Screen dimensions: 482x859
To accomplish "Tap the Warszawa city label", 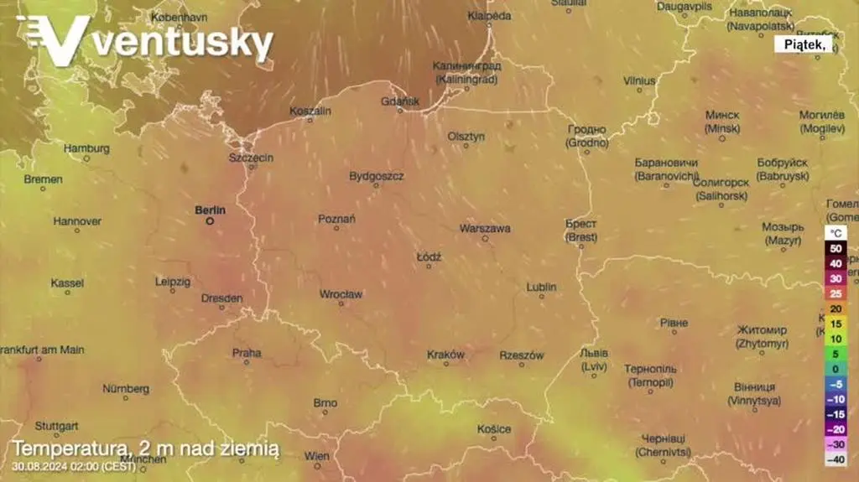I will click(x=485, y=228).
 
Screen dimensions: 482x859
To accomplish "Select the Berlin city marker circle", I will click(x=210, y=221).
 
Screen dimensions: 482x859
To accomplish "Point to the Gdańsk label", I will click(x=400, y=101).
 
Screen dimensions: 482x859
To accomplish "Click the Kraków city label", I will click(x=445, y=355).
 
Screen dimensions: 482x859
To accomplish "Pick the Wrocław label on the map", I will click(x=341, y=294).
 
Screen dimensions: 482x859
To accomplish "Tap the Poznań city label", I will click(x=337, y=219).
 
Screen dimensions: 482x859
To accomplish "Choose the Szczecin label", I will click(x=251, y=158).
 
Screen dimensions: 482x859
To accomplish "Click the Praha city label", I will click(x=247, y=353).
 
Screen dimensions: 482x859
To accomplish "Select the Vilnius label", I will click(x=639, y=80).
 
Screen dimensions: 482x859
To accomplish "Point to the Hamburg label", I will click(x=86, y=148).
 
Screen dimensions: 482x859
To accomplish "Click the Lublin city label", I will click(x=541, y=287).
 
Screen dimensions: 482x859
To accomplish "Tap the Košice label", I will click(x=494, y=429).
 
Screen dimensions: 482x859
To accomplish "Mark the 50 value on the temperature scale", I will click(x=836, y=248).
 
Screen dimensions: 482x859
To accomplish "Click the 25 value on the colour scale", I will click(x=836, y=293).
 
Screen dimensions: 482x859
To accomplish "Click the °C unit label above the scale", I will click(x=836, y=232).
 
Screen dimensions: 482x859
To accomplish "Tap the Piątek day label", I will click(x=804, y=46).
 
